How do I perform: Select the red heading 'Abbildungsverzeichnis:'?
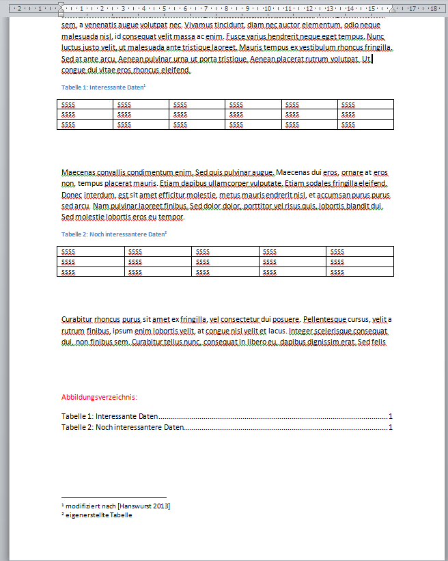(99, 397)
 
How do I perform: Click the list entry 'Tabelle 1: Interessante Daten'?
(109, 416)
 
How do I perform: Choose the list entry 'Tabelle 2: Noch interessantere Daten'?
(123, 428)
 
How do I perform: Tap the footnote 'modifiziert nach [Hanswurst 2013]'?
(117, 506)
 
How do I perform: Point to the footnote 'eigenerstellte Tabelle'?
(98, 515)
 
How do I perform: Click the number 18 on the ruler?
(434, 8)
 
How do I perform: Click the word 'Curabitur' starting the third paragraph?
(76, 319)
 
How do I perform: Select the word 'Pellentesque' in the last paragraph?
(326, 319)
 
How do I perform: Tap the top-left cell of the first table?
(85, 105)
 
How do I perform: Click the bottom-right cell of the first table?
(365, 124)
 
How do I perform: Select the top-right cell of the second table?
(361, 251)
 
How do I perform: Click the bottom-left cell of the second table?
(91, 271)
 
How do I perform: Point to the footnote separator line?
(113, 497)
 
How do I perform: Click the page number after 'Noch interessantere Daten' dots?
(391, 428)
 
